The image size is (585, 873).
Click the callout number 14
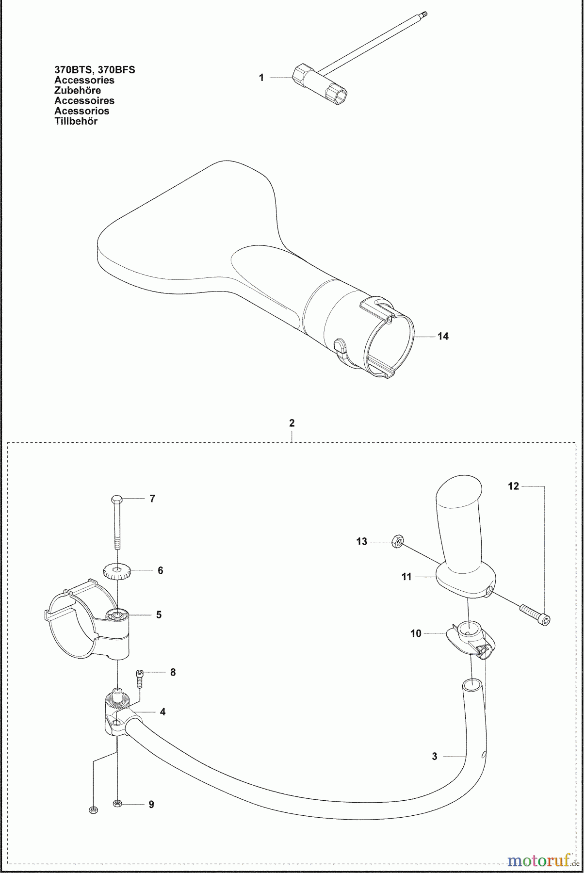[443, 336]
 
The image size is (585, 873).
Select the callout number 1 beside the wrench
[261, 78]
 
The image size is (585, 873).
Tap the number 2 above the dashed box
[292, 423]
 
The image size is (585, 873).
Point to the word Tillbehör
[76, 121]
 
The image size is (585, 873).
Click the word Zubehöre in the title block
[78, 91]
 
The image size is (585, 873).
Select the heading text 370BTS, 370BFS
[95, 70]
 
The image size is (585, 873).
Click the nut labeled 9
[117, 804]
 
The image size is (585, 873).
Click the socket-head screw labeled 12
[536, 613]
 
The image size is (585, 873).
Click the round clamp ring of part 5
[65, 608]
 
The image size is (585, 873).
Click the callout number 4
[163, 711]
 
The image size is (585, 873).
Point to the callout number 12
[514, 485]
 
